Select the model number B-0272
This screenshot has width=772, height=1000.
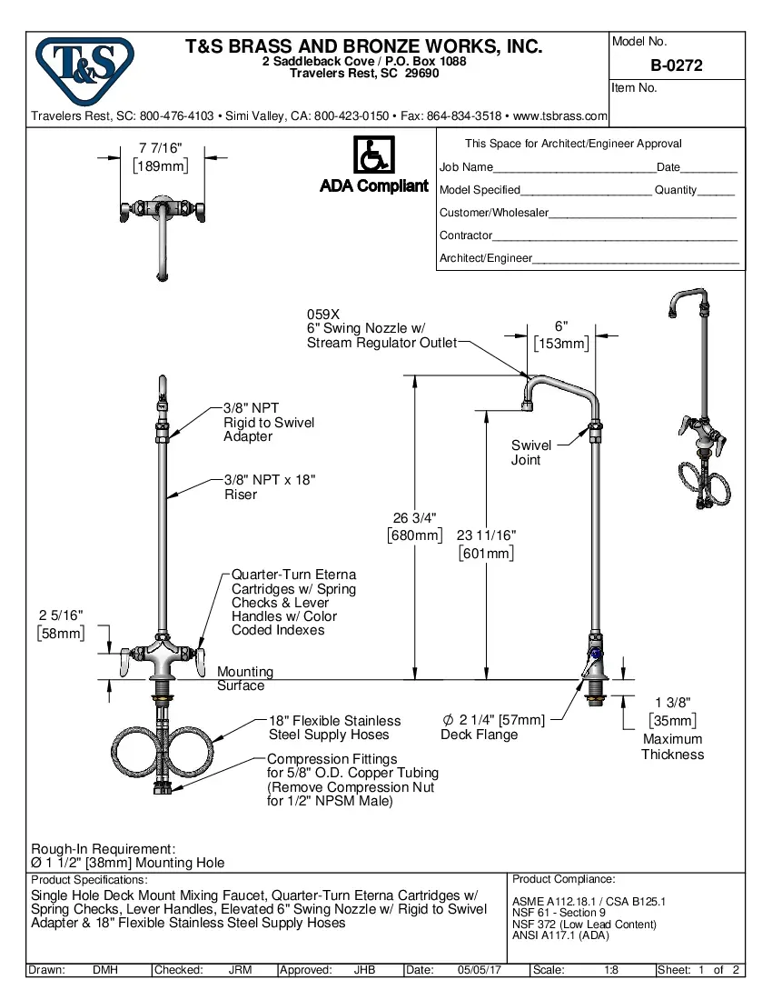[x=676, y=66]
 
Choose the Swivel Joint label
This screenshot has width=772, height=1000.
[x=530, y=452]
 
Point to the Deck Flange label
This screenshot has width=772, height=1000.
[x=479, y=735]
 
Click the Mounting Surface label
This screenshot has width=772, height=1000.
[x=243, y=678]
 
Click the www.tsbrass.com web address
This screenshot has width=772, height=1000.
[x=559, y=116]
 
